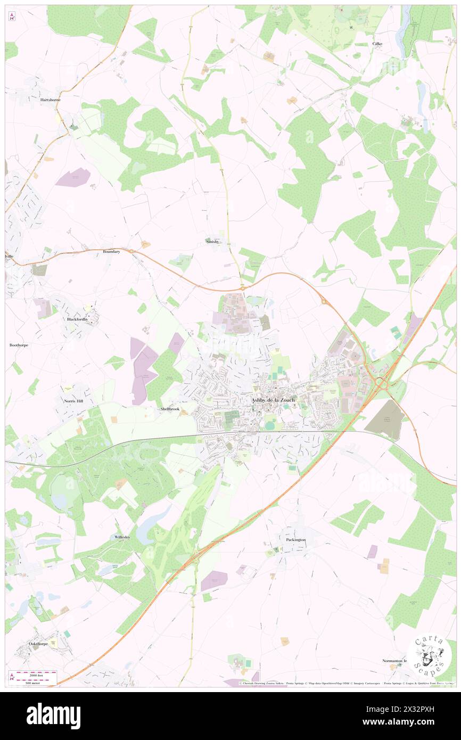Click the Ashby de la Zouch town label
click(272, 400)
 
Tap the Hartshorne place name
click(50, 100)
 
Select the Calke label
click(377, 44)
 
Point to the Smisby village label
click(213, 241)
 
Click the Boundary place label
click(111, 251)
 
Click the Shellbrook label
click(169, 409)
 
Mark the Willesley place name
click(122, 538)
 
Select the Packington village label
click(293, 540)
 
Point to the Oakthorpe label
click(38, 644)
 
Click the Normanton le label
click(394, 661)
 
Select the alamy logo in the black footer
click(53, 716)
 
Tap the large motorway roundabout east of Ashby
click(382, 382)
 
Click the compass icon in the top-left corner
click(12, 17)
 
